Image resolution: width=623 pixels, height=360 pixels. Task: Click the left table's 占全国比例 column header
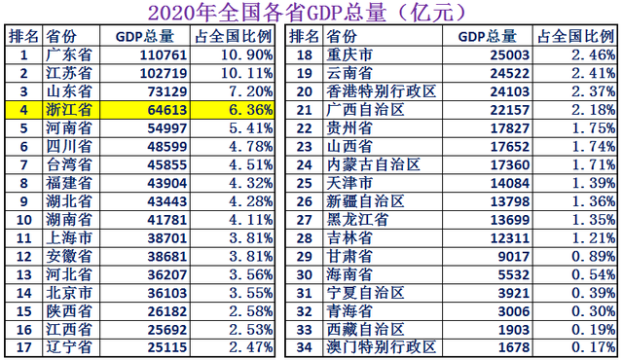click(235, 37)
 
